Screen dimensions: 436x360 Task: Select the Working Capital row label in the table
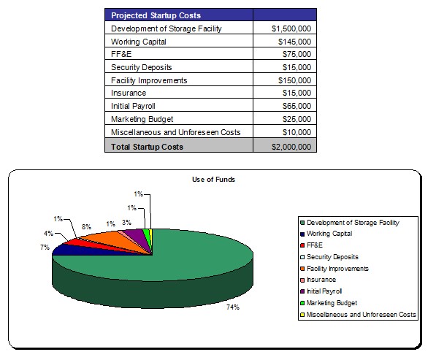(139, 42)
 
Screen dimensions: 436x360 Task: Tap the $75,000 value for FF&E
(297, 54)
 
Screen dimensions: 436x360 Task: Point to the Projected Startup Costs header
(156, 15)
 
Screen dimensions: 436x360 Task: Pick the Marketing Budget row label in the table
(142, 119)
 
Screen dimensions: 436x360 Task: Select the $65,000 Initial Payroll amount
(297, 106)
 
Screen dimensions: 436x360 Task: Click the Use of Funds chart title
(213, 180)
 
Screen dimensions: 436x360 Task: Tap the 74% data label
(233, 307)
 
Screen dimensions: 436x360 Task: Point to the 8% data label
(86, 227)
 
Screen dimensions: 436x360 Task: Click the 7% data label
(45, 247)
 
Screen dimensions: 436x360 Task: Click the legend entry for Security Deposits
(329, 257)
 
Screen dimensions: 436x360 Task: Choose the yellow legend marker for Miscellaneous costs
(302, 315)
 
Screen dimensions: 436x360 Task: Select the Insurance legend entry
(318, 280)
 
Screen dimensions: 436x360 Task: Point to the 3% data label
(126, 223)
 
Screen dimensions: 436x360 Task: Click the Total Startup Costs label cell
(147, 147)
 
